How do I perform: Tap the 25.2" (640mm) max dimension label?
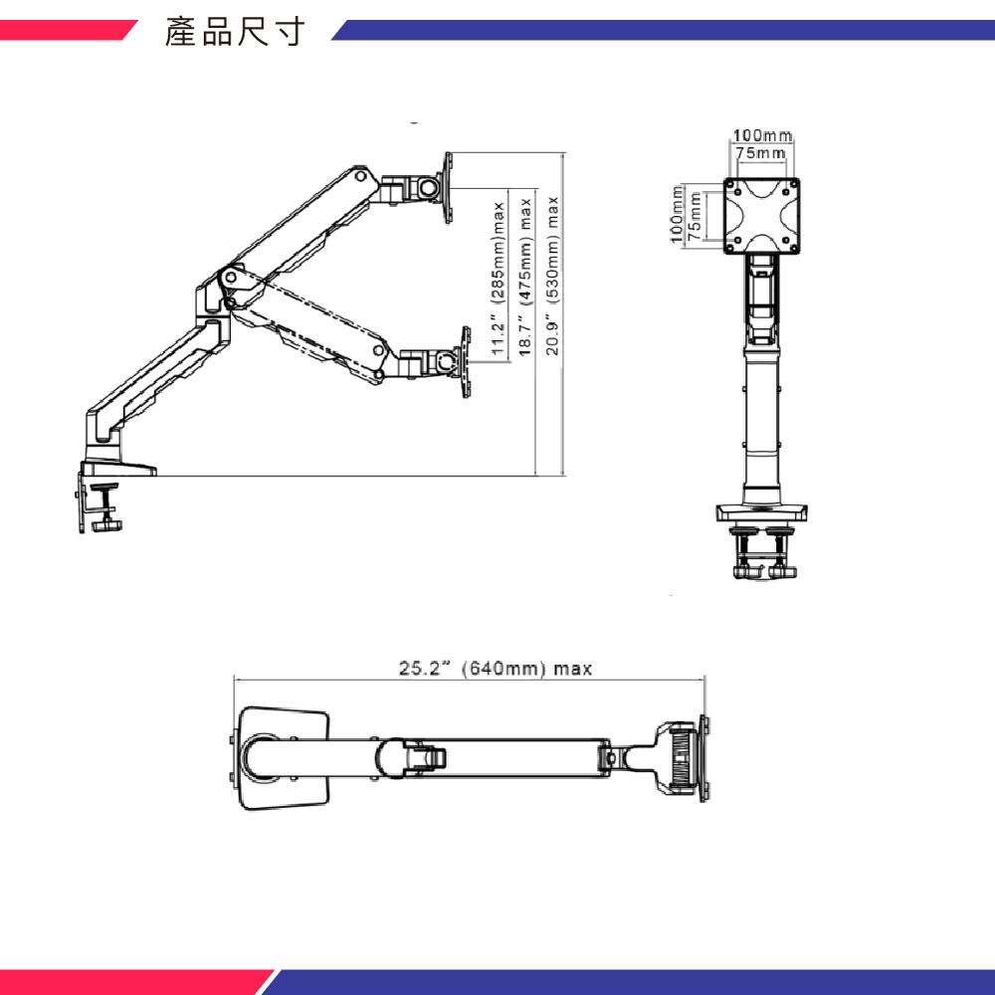coord(496,669)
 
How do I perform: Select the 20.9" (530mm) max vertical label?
coord(553,275)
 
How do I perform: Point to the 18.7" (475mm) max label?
coord(526,275)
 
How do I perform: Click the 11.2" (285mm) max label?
coord(498,275)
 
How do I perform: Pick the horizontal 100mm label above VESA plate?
coord(762,135)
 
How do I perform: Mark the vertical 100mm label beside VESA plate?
coord(677,215)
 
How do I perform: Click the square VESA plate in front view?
coord(762,215)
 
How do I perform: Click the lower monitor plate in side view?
coord(464,362)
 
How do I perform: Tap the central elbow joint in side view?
coord(229,284)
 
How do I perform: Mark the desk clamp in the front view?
coord(761,552)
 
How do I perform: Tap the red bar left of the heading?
coord(65,32)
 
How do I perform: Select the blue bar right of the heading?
coord(662,32)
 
